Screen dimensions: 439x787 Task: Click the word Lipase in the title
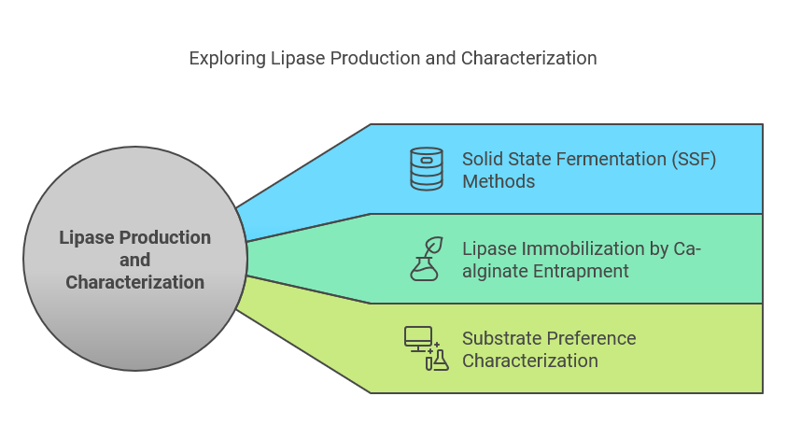292,58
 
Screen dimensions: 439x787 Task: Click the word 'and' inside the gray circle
134,260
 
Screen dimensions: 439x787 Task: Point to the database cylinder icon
427,169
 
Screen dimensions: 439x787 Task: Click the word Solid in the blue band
483,159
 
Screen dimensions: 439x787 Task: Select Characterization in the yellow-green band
530,361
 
